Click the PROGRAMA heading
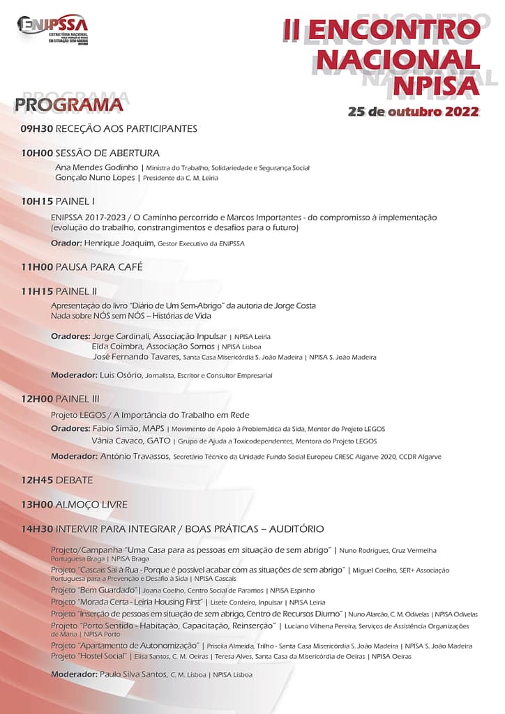point(68,105)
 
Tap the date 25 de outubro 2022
point(413,112)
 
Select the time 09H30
point(36,128)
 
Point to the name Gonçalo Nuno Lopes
point(96,177)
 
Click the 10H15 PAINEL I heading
point(59,201)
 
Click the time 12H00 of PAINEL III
point(37,399)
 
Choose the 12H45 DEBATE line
point(57,480)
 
